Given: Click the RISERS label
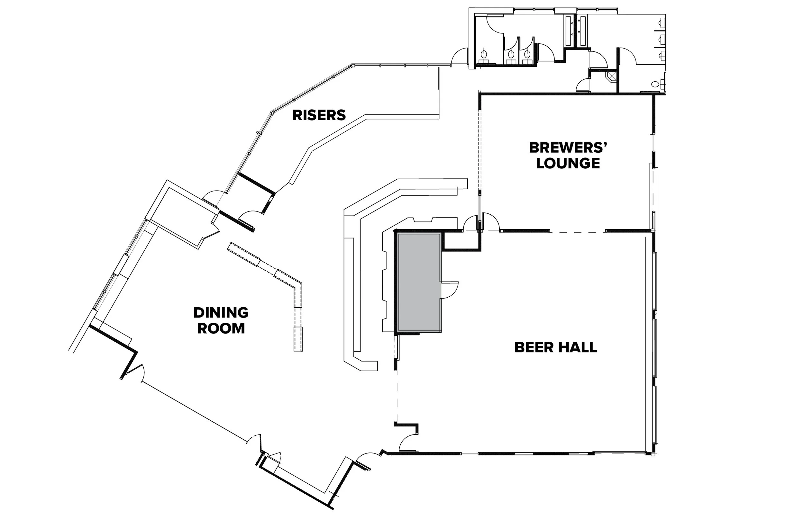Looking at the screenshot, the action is [319, 115].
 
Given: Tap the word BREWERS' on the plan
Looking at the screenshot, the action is [568, 148].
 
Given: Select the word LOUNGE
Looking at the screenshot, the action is [568, 164].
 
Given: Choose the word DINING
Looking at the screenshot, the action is [221, 313].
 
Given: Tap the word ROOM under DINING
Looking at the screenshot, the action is [221, 328].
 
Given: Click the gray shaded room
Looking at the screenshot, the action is [419, 282].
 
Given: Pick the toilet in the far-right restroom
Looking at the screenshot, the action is [655, 85].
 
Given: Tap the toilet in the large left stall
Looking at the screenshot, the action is [484, 54].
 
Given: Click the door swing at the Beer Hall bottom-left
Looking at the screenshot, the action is [408, 443].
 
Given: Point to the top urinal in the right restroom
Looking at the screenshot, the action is [662, 23].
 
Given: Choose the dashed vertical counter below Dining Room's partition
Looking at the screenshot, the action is [298, 339].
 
